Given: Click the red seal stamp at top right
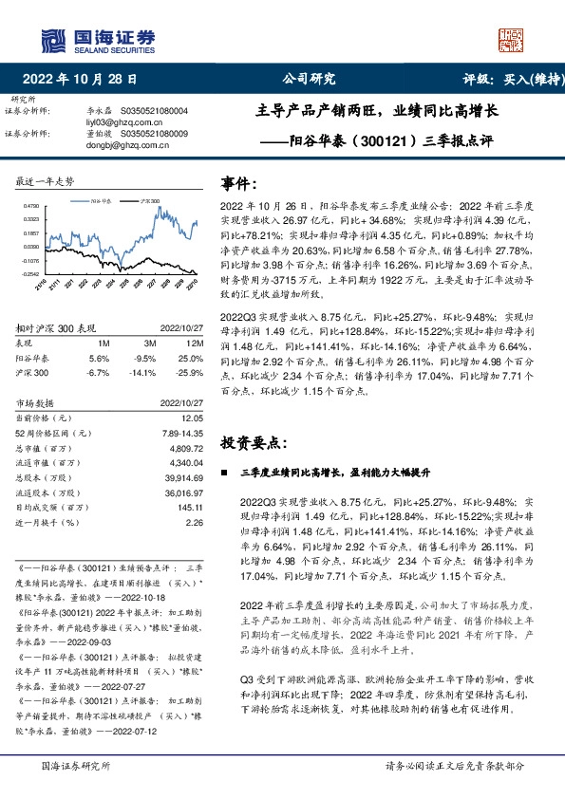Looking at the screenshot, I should [x=512, y=41].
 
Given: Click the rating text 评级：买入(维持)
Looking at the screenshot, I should [x=509, y=81].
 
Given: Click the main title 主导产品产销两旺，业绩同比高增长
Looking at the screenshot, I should [x=378, y=110].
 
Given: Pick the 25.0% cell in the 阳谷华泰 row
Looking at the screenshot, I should [x=192, y=359].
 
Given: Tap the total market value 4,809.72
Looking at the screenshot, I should [x=187, y=446].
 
